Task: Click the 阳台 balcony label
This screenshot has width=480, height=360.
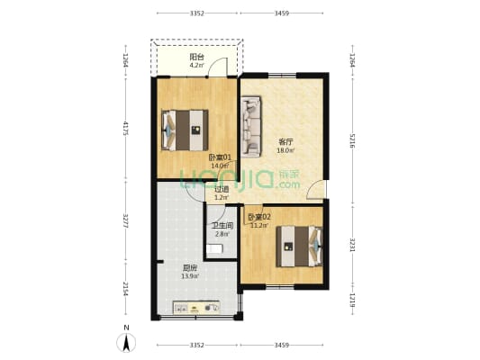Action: point(196,57)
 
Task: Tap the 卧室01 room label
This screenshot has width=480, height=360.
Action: point(221,157)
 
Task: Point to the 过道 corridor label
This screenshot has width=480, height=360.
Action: point(222,189)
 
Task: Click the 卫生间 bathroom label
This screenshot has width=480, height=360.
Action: point(222,225)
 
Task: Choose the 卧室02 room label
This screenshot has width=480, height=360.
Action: point(259,217)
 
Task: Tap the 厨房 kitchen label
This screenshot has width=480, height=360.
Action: point(190,268)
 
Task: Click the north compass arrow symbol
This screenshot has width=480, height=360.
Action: point(127,341)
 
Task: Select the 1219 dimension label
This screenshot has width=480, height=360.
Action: point(352,300)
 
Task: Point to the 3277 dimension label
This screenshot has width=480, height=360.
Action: point(126,221)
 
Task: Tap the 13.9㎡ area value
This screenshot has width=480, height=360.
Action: point(190,277)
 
